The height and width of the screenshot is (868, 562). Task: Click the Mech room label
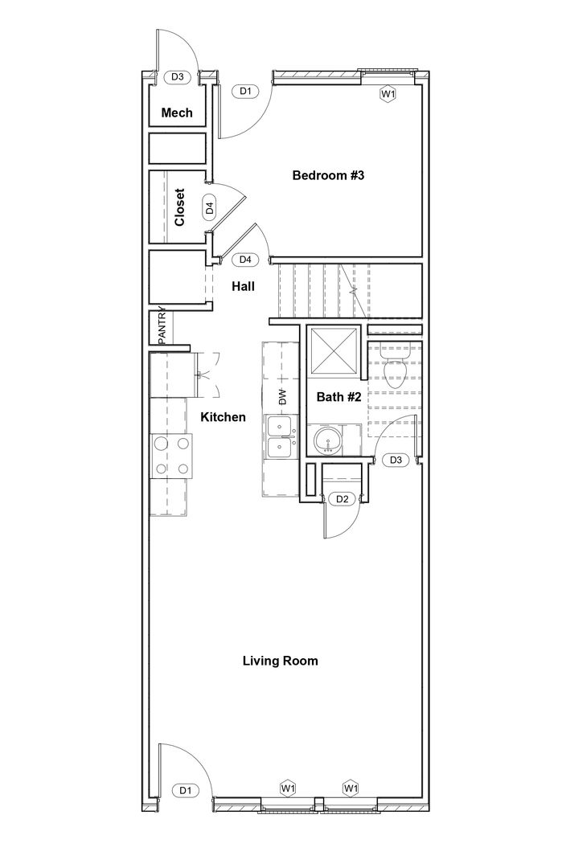(x=177, y=113)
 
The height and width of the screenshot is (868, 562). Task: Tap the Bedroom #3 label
(x=328, y=175)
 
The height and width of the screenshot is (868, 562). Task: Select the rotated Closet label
(x=180, y=207)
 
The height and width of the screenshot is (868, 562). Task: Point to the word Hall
(x=243, y=286)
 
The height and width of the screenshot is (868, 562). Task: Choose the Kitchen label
(x=223, y=417)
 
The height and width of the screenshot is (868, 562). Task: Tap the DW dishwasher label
(x=282, y=396)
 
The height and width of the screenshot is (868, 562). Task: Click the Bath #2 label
(x=338, y=397)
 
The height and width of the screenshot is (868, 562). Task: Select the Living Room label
(x=280, y=661)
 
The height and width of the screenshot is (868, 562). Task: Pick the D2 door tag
(x=343, y=499)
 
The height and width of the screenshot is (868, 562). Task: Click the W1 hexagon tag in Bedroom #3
(x=388, y=94)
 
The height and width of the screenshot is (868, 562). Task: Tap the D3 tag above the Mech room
(x=177, y=77)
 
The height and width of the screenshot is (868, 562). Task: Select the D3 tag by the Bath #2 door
(x=396, y=460)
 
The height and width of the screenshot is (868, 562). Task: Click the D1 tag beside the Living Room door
(x=186, y=791)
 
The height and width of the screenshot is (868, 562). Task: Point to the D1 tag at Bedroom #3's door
(x=246, y=91)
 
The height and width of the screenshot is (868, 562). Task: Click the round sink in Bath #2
(x=327, y=442)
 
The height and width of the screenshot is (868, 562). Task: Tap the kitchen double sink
(x=282, y=436)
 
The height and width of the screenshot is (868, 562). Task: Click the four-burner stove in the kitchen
(x=171, y=457)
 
